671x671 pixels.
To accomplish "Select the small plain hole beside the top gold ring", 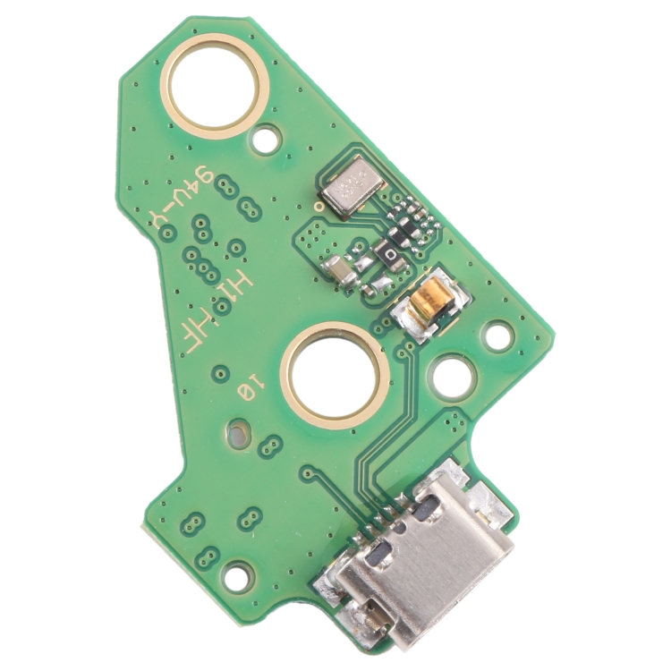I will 266,140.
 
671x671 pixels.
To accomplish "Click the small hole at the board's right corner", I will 493,338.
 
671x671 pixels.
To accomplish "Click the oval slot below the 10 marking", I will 235,437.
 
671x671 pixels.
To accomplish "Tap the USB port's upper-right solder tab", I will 488,506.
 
